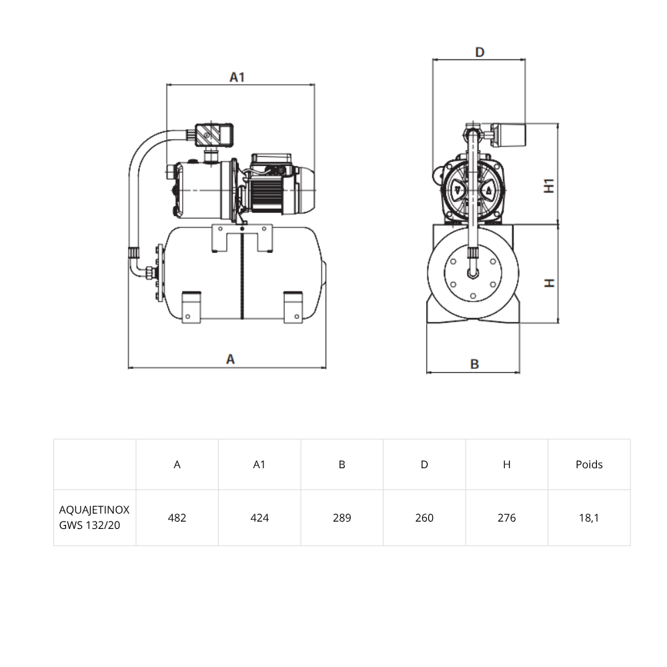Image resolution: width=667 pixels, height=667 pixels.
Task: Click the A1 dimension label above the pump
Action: pyautogui.click(x=237, y=77)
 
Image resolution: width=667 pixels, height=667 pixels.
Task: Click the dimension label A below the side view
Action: pyautogui.click(x=230, y=360)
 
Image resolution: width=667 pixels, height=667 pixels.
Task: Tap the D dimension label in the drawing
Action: pyautogui.click(x=480, y=52)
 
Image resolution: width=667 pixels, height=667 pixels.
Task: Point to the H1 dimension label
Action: pyautogui.click(x=549, y=186)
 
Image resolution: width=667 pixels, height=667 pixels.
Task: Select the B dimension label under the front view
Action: pyautogui.click(x=474, y=364)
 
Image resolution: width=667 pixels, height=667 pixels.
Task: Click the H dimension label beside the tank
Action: pyautogui.click(x=549, y=283)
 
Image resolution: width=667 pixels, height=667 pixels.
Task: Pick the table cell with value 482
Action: pyautogui.click(x=177, y=518)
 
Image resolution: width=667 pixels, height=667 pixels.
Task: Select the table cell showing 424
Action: pyautogui.click(x=259, y=518)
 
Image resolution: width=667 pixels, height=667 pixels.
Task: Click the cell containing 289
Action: pyautogui.click(x=342, y=518)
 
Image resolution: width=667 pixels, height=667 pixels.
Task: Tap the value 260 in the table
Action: pyautogui.click(x=424, y=518)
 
